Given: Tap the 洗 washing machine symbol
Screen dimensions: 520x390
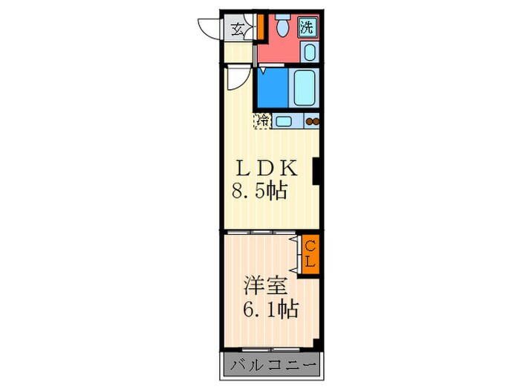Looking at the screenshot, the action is tap(307, 27).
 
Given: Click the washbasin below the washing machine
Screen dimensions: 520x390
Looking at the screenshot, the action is tap(310, 52).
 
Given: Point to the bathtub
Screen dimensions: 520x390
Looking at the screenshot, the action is tap(304, 88).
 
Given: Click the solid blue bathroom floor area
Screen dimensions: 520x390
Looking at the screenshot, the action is tap(273, 88).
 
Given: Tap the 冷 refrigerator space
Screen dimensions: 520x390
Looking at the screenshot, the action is tap(263, 121).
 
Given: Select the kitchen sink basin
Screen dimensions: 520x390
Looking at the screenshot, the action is tap(284, 121).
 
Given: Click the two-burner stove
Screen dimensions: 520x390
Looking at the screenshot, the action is tap(312, 121).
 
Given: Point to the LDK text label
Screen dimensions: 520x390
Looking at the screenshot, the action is tap(266, 169).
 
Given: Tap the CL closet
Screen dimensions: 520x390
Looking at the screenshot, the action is tap(310, 254).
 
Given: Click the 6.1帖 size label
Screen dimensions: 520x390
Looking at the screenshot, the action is tap(271, 309).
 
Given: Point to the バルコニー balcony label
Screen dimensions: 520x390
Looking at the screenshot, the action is tap(273, 365).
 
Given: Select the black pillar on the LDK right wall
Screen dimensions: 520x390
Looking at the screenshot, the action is tap(316, 170).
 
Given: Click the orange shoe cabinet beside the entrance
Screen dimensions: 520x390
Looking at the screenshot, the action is tap(261, 26).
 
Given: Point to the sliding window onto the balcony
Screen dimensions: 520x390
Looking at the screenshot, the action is tap(271, 349).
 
